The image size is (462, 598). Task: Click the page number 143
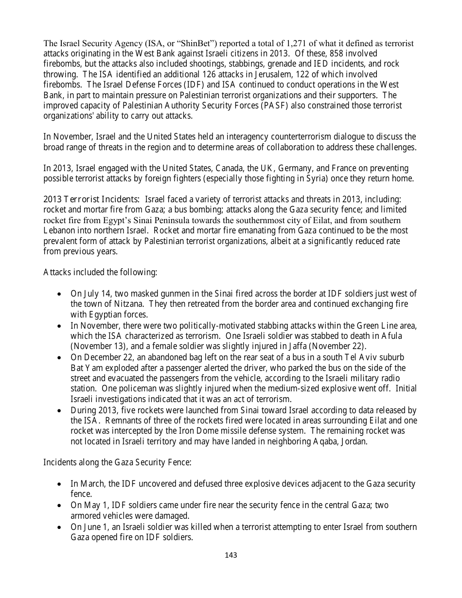pyautogui.click(x=231, y=555)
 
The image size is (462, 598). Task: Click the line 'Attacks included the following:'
pyautogui.click(x=100, y=272)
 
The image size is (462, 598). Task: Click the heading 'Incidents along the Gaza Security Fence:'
pyautogui.click(x=117, y=462)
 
